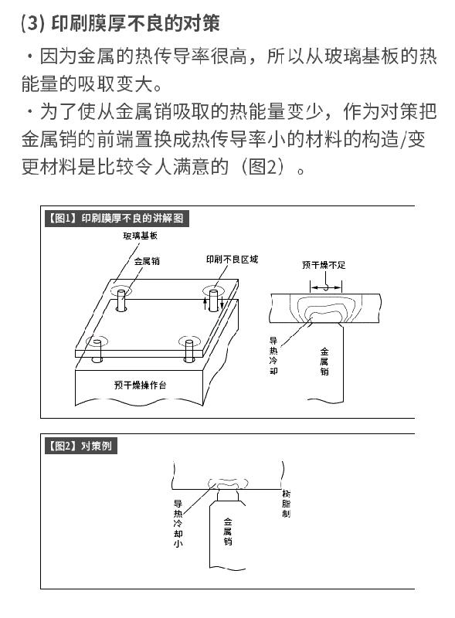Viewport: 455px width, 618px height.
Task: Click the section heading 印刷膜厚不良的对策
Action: click(135, 23)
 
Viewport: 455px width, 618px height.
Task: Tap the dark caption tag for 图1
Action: click(117, 219)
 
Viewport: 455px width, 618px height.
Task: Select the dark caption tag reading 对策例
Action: click(81, 447)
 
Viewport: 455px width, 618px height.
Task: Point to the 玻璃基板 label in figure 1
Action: click(141, 236)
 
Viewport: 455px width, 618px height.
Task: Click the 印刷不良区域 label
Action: click(233, 260)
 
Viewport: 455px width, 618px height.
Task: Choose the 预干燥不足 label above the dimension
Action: click(324, 265)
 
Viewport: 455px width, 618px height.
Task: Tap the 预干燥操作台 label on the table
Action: click(141, 385)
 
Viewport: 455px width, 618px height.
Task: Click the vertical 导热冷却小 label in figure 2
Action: click(178, 524)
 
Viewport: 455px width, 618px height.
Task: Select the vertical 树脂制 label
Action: click(287, 504)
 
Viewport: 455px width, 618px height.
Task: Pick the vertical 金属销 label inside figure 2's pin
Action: click(228, 531)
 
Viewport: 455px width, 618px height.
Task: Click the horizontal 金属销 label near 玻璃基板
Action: click(147, 261)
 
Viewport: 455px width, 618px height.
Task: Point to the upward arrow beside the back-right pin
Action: click(205, 304)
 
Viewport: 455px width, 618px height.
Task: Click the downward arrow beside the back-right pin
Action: click(222, 304)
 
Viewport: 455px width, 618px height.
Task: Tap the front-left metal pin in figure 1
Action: click(97, 351)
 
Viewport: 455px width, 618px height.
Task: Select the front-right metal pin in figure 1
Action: click(188, 350)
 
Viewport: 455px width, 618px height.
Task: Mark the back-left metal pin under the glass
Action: click(121, 301)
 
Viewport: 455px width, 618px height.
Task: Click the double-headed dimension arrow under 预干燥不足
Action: click(326, 287)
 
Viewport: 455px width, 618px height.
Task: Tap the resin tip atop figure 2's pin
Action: click(228, 494)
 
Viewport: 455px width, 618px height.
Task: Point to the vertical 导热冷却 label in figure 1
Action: click(273, 355)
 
